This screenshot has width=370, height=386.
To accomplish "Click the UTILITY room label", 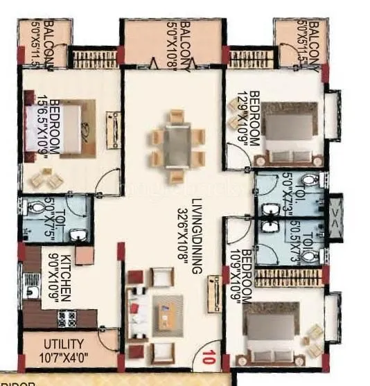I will (x=64, y=343).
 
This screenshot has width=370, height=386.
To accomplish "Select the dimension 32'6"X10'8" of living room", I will (x=184, y=236).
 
